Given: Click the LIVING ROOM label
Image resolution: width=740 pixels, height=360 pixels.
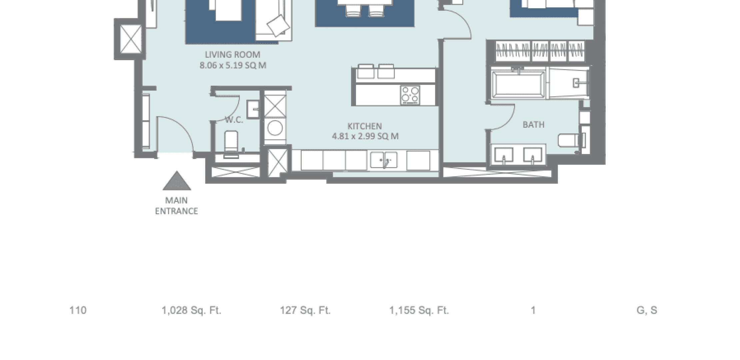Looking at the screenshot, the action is pyautogui.click(x=232, y=55).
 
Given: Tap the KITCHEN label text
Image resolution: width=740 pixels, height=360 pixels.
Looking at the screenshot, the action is pyautogui.click(x=365, y=126).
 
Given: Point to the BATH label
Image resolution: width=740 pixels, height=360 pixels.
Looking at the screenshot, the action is pyautogui.click(x=533, y=125).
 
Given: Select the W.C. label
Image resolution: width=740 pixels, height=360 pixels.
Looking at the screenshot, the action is pyautogui.click(x=234, y=120).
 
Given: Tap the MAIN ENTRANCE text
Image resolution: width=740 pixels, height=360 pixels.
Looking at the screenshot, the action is pyautogui.click(x=176, y=206).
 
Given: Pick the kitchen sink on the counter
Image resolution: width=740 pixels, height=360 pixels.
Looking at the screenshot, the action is pyautogui.click(x=384, y=160).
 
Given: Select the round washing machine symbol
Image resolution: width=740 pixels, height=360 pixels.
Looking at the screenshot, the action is pyautogui.click(x=275, y=128).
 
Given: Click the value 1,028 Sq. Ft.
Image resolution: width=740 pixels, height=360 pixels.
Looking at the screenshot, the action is pyautogui.click(x=191, y=310).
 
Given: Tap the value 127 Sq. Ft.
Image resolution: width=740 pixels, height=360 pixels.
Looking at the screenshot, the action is pyautogui.click(x=305, y=310).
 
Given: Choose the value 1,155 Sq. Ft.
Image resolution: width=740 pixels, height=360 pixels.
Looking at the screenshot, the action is pyautogui.click(x=419, y=310).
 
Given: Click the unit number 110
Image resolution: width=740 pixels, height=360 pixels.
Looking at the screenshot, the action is pyautogui.click(x=78, y=310).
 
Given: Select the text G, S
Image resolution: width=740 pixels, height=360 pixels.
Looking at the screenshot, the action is pyautogui.click(x=647, y=310).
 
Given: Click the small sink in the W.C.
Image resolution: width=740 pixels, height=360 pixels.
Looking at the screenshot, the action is pyautogui.click(x=253, y=109).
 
